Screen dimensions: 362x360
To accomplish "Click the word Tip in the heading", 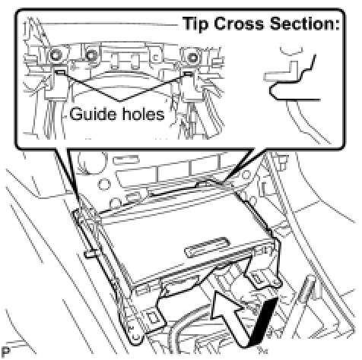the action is (196, 24).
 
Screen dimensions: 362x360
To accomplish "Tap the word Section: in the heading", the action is (304, 24).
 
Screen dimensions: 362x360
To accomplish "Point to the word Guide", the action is (93, 114).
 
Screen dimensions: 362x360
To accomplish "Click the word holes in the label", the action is (142, 114).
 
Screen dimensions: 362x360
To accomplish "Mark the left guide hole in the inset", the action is (60, 72).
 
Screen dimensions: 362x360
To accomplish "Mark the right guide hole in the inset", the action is (188, 74).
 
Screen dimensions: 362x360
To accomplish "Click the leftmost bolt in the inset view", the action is (56, 55).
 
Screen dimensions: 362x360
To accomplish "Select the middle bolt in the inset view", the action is (91, 55).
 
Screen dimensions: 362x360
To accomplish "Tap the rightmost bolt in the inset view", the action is (193, 58).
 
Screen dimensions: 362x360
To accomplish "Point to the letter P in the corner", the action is (6, 352).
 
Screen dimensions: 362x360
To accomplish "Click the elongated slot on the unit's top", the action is (207, 247).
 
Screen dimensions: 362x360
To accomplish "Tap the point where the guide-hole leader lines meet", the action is (120, 101).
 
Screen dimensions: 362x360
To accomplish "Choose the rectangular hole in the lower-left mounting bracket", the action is (153, 317).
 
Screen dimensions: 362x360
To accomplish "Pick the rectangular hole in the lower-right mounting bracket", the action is (257, 279).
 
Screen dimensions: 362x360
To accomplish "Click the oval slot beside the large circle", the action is (125, 160).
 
